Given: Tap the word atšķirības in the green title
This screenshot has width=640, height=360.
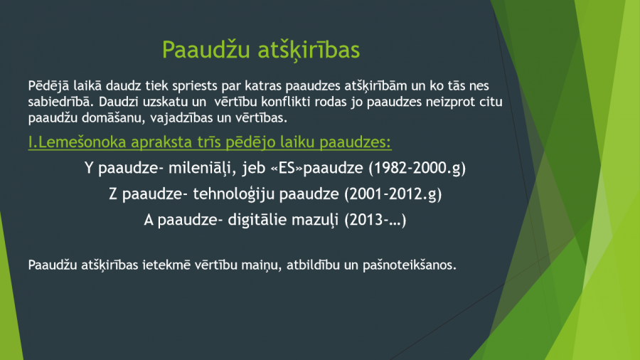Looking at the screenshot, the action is (x=309, y=51).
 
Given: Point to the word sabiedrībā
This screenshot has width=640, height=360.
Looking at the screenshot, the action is (x=61, y=102).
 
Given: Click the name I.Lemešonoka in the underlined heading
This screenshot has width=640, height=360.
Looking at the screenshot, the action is (x=77, y=142).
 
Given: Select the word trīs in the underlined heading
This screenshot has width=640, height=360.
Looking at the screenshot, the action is (x=209, y=142).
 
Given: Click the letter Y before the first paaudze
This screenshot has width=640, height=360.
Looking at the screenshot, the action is (x=89, y=168).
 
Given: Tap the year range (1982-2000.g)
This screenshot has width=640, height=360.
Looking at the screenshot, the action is (x=417, y=168).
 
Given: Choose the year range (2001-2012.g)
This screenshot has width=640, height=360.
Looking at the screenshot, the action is (x=393, y=194).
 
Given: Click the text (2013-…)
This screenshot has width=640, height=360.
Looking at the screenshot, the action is (x=375, y=221).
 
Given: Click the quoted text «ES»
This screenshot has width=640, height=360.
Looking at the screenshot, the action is (x=287, y=168).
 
